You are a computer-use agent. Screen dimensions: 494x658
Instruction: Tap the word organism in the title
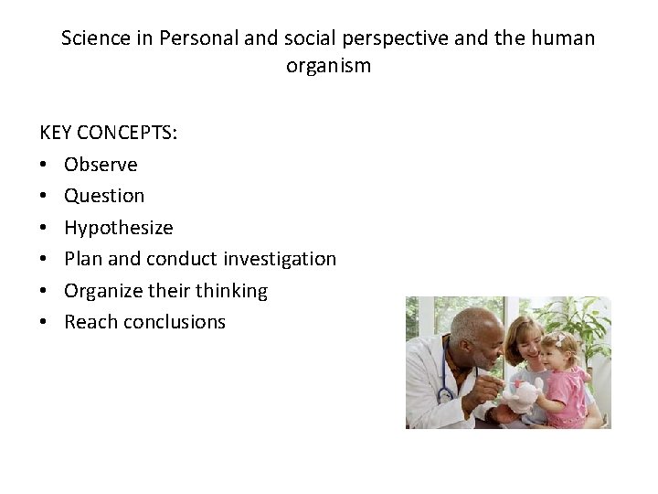point(328,66)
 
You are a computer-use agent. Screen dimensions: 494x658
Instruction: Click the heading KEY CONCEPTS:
point(109,133)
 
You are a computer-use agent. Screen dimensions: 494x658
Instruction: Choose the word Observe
point(101,165)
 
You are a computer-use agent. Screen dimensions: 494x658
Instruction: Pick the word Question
point(104,196)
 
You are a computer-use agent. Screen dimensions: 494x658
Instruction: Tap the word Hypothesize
point(118,228)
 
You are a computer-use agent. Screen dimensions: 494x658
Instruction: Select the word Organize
point(102,291)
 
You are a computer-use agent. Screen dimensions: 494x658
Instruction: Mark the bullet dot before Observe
point(45,165)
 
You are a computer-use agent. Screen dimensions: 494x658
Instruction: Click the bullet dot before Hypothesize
point(45,228)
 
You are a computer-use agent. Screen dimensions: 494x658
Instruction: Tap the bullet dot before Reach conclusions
point(45,322)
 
